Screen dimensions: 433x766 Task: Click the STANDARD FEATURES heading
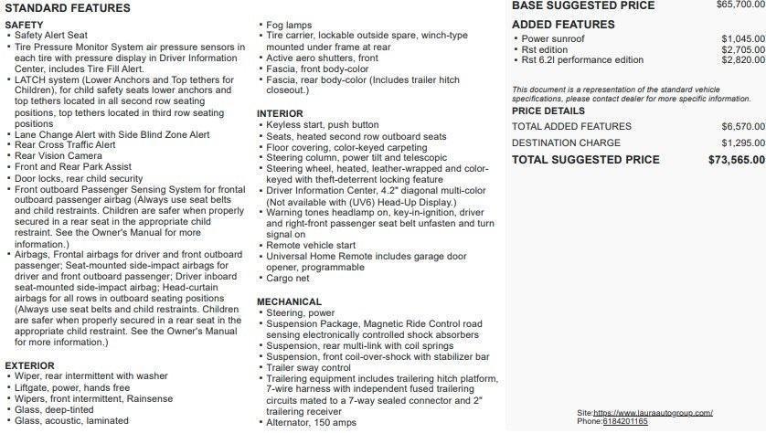67,8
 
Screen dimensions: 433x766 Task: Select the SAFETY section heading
25,24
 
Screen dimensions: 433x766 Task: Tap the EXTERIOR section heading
30,365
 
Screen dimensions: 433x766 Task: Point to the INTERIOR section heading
279,113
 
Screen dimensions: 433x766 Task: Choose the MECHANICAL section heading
289,301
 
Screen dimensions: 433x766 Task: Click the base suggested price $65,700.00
737,5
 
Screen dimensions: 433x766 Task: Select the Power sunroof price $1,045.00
742,38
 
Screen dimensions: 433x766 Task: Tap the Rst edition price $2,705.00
742,49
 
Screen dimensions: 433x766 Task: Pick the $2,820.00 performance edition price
742,60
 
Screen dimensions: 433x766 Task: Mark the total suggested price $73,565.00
736,160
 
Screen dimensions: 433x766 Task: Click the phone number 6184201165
625,422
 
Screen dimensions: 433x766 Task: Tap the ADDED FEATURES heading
557,24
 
